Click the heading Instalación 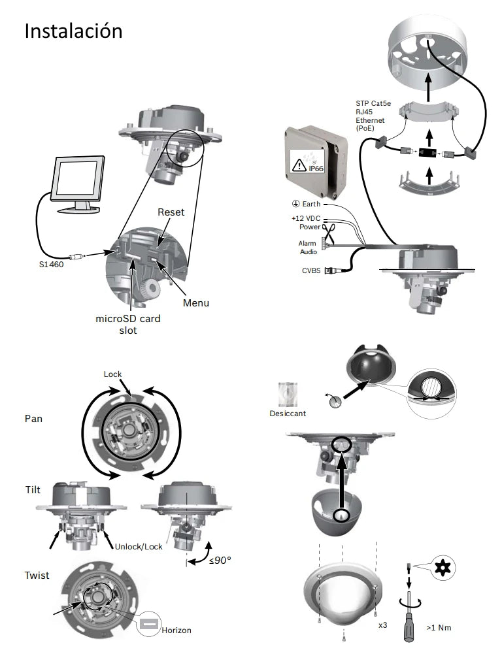pos(73,31)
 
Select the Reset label pos(171,212)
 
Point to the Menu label pos(196,303)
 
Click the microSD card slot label pos(129,325)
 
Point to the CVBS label pos(310,270)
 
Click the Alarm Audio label pos(307,247)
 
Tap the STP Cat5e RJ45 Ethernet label pos(370,116)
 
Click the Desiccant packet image pos(287,394)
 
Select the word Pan pos(33,418)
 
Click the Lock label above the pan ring pos(112,374)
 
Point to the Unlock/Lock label pos(138,546)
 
